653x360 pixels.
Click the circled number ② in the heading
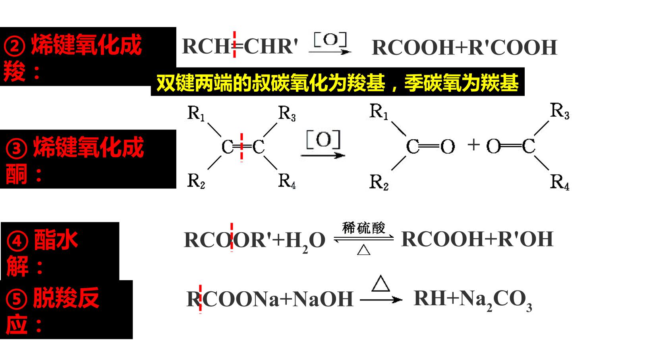(15, 46)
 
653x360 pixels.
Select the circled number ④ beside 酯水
(17, 241)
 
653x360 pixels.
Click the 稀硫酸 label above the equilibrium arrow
(363, 227)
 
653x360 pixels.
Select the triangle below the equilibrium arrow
(363, 250)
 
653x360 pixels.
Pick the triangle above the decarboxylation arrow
(381, 283)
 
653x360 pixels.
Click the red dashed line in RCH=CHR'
(234, 44)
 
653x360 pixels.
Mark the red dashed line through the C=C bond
(241, 147)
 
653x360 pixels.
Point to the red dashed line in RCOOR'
(232, 237)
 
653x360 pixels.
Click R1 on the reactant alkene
(196, 113)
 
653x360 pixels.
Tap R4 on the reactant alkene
(287, 181)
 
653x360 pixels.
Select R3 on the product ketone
(560, 111)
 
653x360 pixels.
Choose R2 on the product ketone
(379, 183)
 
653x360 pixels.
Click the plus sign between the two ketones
(473, 145)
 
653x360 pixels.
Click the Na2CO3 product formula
(495, 300)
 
